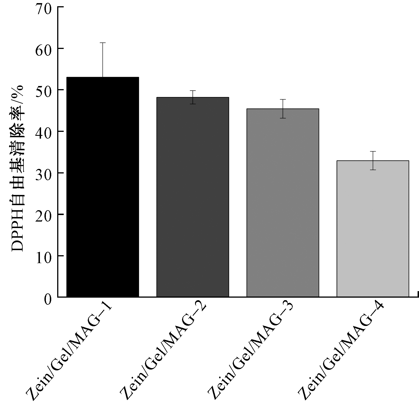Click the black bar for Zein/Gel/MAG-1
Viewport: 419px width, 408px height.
point(102,187)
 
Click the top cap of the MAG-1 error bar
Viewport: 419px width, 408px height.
point(102,43)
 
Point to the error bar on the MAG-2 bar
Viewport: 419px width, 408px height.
point(193,97)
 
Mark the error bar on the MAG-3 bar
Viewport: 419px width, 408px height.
point(283,109)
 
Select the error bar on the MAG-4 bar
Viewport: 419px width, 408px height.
point(373,160)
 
